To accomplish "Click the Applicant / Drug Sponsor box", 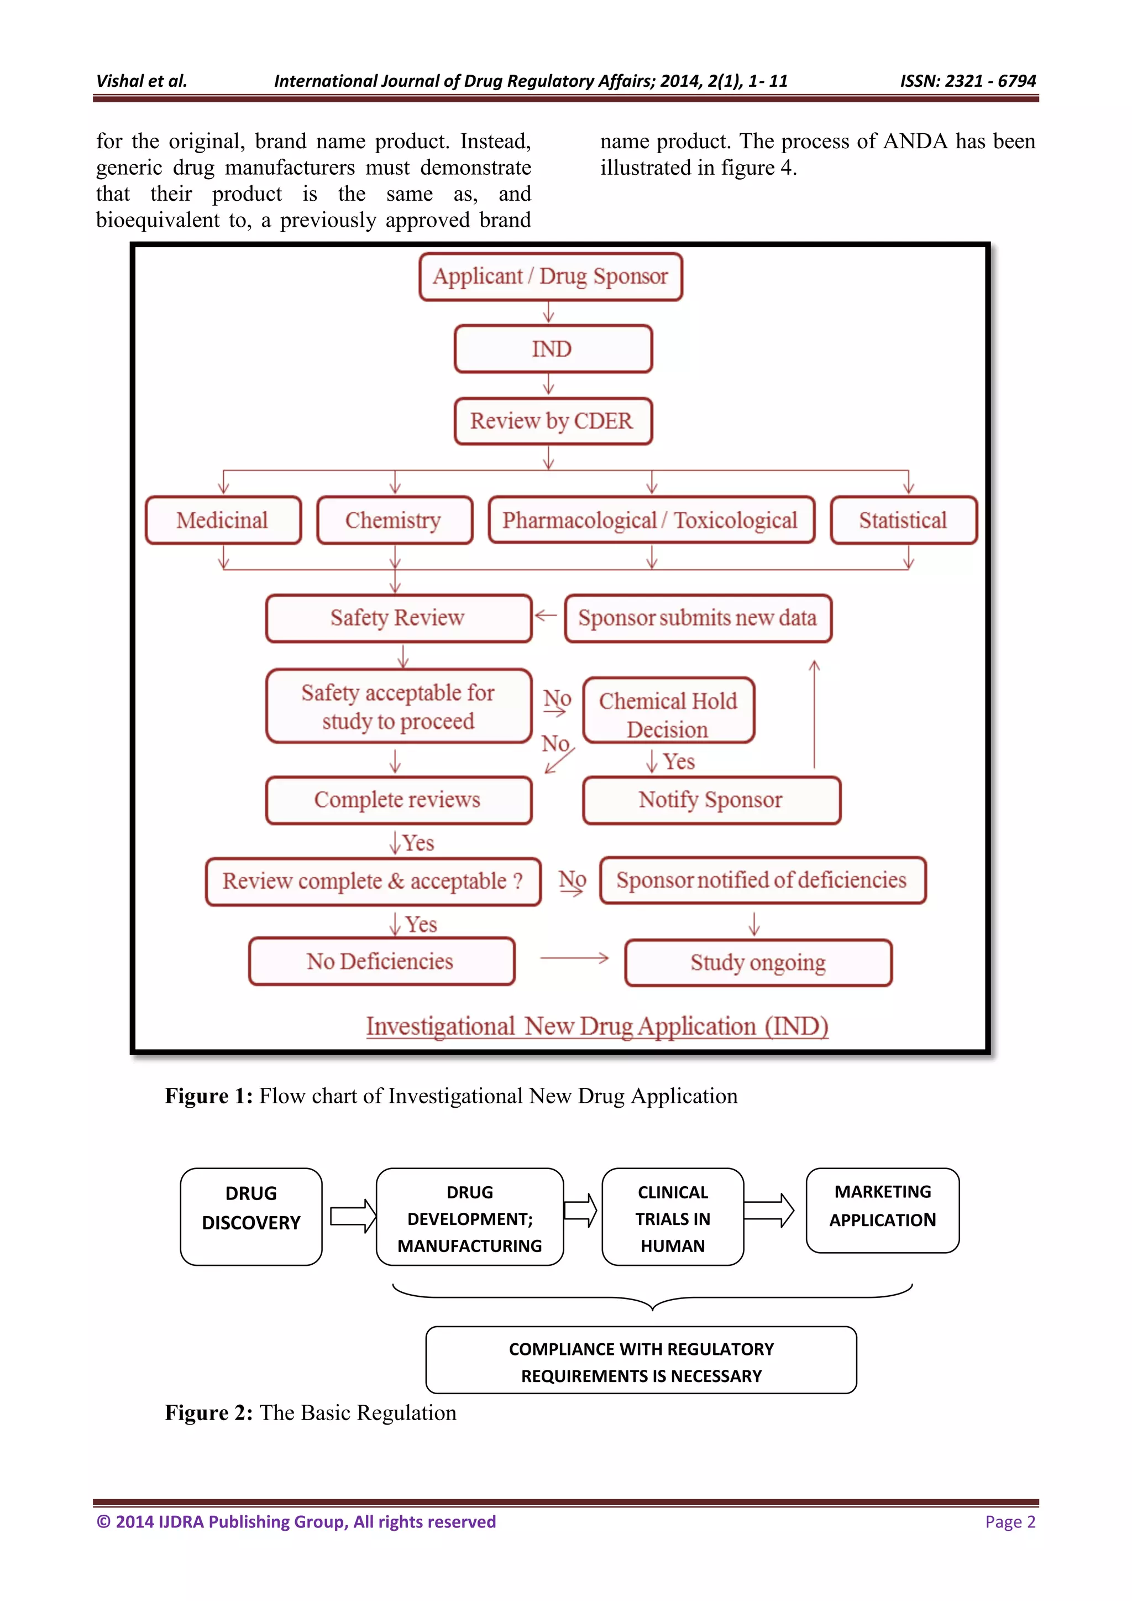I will click(x=551, y=277).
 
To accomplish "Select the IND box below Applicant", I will click(x=553, y=348).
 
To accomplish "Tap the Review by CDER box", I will click(x=553, y=421).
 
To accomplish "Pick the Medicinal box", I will click(x=223, y=520).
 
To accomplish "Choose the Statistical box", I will click(x=903, y=520).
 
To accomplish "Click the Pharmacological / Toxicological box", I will click(x=651, y=520).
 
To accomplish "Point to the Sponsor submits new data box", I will click(x=698, y=618).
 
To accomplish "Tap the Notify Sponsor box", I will click(x=711, y=800).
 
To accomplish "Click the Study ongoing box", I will click(x=758, y=963).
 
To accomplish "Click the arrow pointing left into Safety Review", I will click(x=546, y=615).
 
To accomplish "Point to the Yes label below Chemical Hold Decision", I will click(x=678, y=762).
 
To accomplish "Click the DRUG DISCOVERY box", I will click(x=251, y=1217).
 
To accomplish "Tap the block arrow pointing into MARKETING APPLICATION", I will click(x=769, y=1211).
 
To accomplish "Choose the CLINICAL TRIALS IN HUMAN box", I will click(x=673, y=1218).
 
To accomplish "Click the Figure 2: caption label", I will click(x=208, y=1413).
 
